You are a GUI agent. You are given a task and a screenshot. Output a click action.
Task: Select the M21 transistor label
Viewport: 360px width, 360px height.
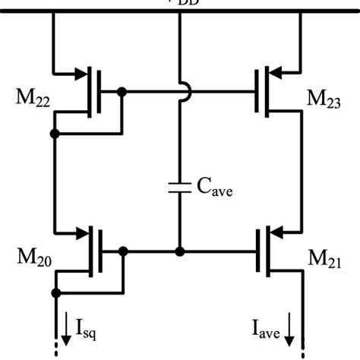point(324,263)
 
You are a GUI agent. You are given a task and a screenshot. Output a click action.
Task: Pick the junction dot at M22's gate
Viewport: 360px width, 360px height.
point(122,91)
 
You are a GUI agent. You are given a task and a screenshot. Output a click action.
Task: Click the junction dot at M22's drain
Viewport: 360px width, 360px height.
point(55,134)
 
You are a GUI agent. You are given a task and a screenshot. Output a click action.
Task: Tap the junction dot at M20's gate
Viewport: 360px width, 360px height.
point(122,250)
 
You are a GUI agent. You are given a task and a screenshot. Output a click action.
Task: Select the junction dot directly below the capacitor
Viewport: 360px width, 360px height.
point(179,250)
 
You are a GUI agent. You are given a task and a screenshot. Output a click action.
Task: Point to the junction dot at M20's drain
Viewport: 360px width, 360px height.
point(55,292)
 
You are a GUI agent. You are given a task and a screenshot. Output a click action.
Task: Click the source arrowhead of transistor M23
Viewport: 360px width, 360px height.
point(276,73)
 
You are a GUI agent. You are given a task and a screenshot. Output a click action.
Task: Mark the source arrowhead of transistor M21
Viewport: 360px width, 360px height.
point(276,231)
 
